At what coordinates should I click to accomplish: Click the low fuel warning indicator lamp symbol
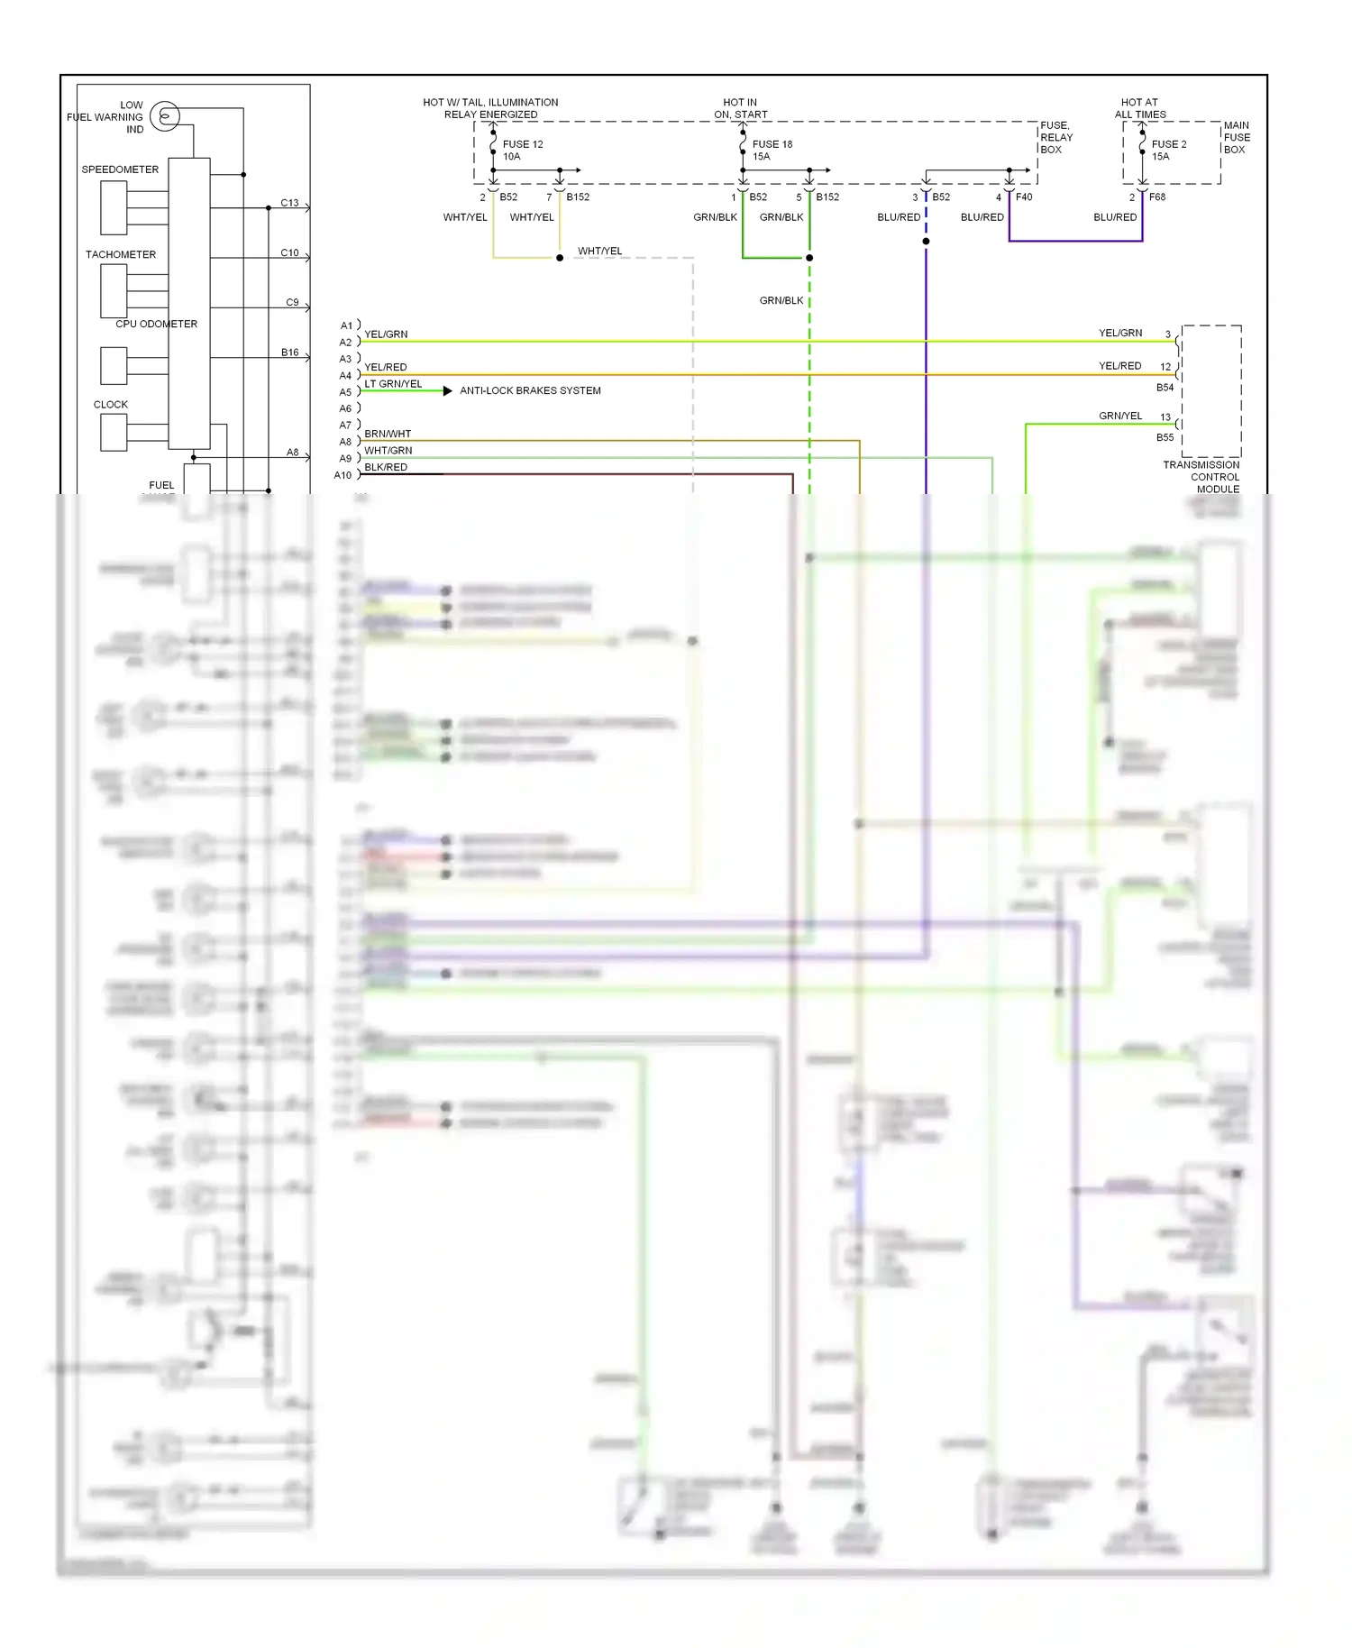(165, 116)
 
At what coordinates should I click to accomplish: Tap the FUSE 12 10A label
(523, 151)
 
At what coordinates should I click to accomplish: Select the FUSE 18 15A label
(772, 151)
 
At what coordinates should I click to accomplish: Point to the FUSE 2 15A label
(1169, 151)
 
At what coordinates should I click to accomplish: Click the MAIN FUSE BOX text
(1237, 137)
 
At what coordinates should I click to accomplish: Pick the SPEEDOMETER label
(120, 169)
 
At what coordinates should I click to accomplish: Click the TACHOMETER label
(121, 254)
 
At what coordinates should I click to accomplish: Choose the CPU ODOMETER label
(156, 324)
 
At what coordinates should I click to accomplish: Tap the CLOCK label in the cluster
(111, 405)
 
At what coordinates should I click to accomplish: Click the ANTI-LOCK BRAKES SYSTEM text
(530, 390)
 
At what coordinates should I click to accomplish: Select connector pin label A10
(343, 475)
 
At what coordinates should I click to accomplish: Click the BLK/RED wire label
(386, 467)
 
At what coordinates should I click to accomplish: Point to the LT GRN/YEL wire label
(393, 384)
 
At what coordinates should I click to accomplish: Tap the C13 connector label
(289, 203)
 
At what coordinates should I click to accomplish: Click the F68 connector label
(1157, 197)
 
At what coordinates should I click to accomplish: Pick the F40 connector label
(1024, 197)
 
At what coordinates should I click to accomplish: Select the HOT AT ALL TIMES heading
(1140, 108)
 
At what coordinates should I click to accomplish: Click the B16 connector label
(289, 352)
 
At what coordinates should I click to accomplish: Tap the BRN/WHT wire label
(388, 434)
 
